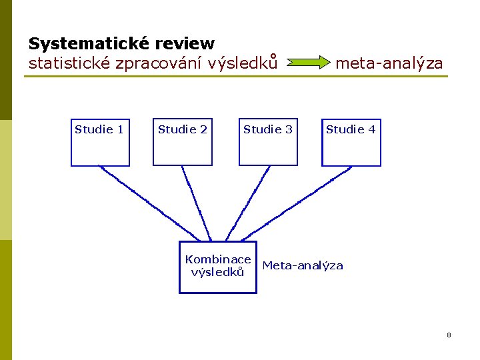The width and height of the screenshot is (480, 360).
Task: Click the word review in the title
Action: (185, 44)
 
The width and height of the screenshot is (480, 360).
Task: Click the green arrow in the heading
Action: (308, 63)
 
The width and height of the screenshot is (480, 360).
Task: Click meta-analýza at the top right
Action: (389, 63)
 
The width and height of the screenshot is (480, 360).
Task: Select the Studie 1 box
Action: (100, 143)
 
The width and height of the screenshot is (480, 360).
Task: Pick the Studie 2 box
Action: (183, 143)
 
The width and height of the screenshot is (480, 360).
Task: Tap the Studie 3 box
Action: (268, 143)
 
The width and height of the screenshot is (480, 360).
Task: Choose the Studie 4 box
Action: (351, 143)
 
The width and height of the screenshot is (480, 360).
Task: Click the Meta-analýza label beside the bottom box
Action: (303, 265)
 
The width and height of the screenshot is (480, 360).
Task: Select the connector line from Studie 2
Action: (196, 203)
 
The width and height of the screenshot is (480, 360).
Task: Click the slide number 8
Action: (449, 335)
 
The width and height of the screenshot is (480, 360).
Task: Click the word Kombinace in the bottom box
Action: (218, 259)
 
